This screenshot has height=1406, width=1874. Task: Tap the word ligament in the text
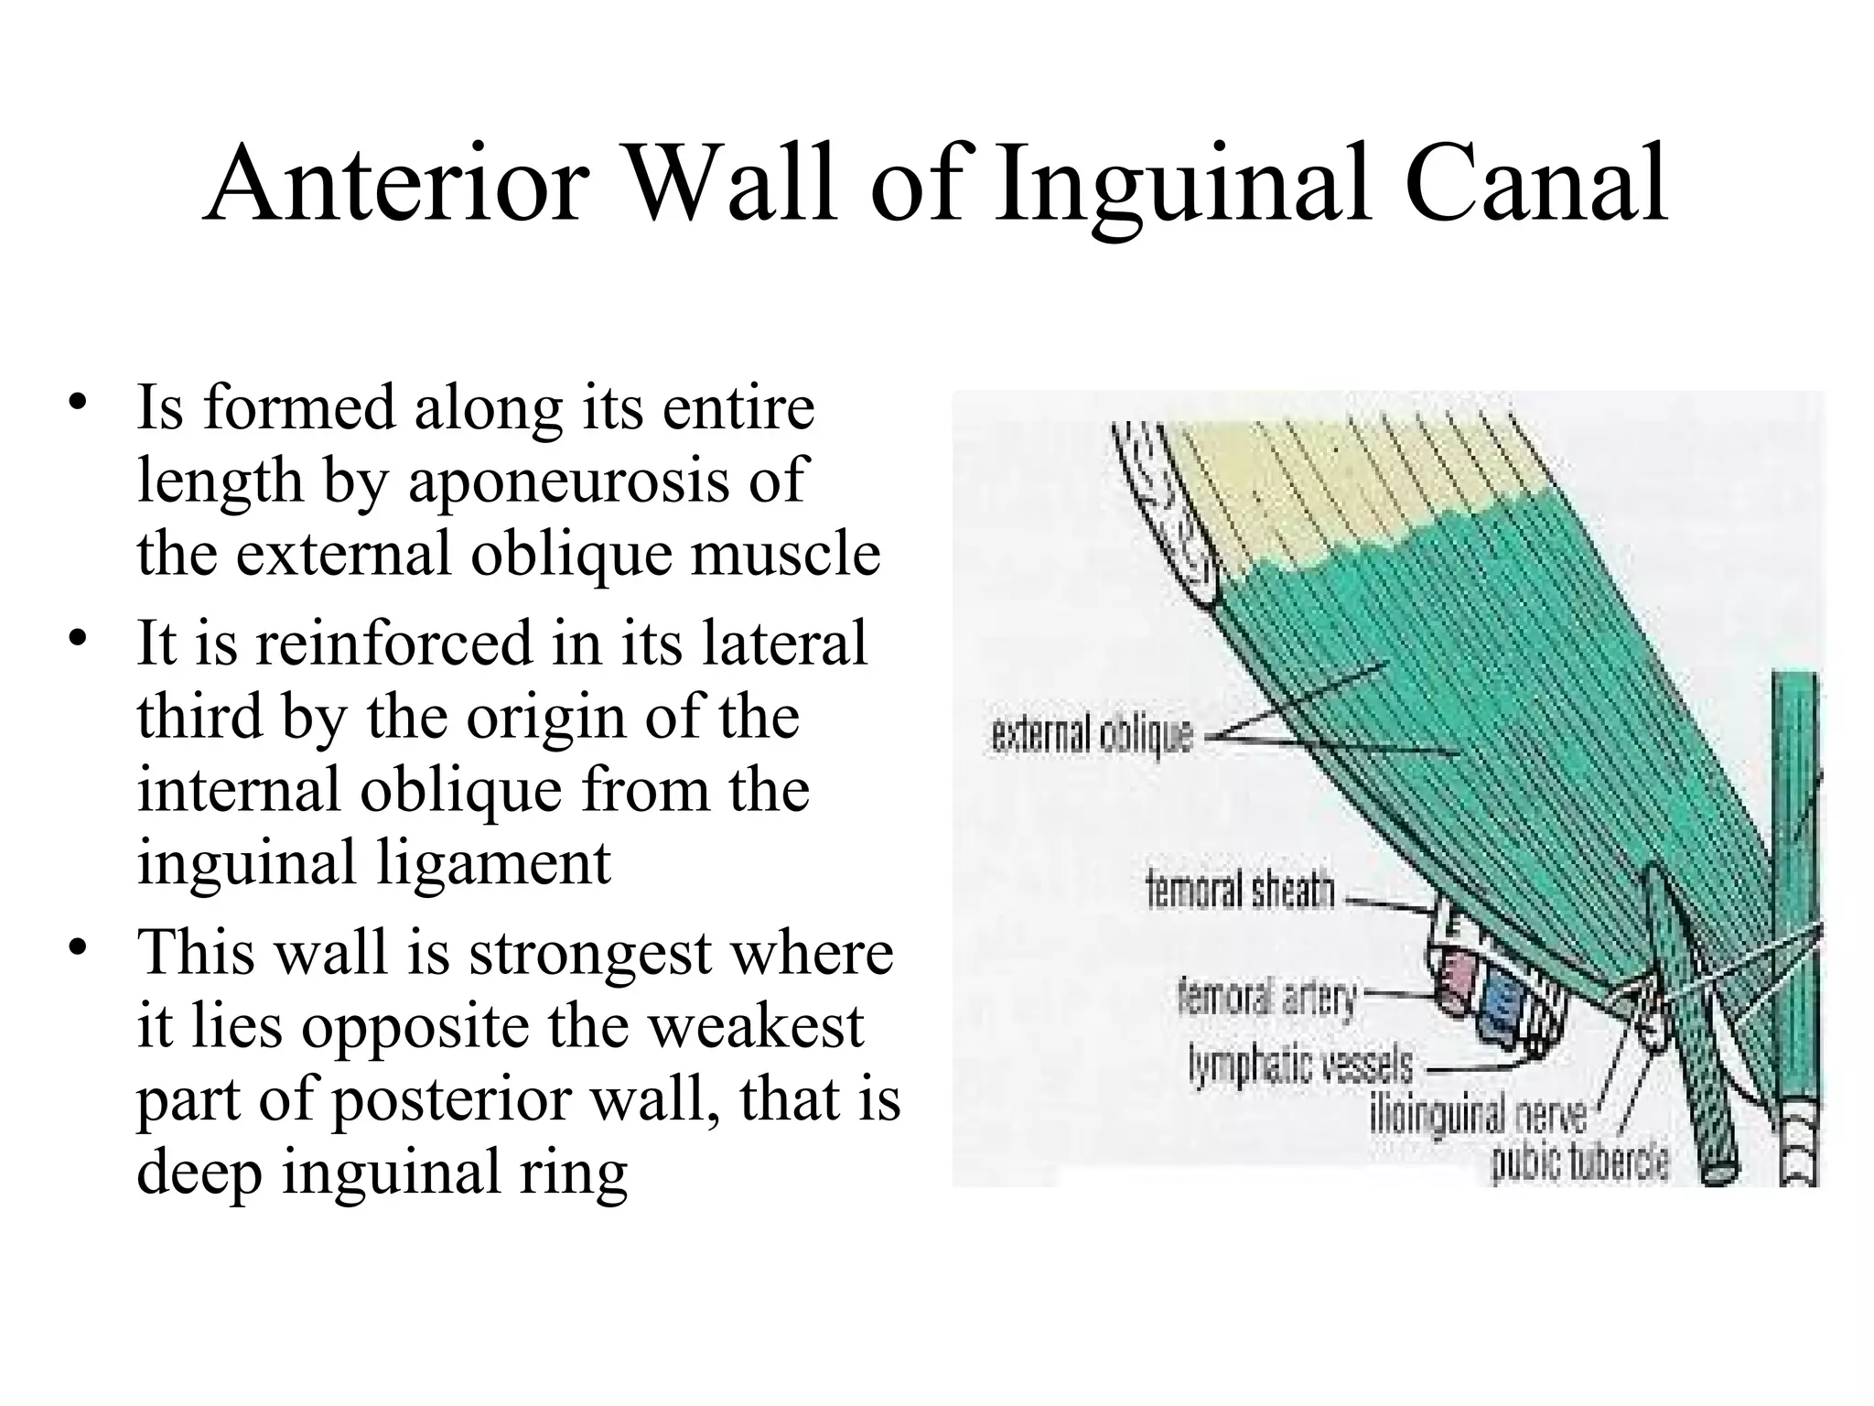[x=494, y=864]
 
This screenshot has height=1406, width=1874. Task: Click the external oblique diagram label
[x=1093, y=736]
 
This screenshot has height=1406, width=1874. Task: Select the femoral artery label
[x=1267, y=997]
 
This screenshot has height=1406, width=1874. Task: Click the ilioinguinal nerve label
[x=1482, y=1116]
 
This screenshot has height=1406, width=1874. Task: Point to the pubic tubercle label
[x=1580, y=1163]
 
